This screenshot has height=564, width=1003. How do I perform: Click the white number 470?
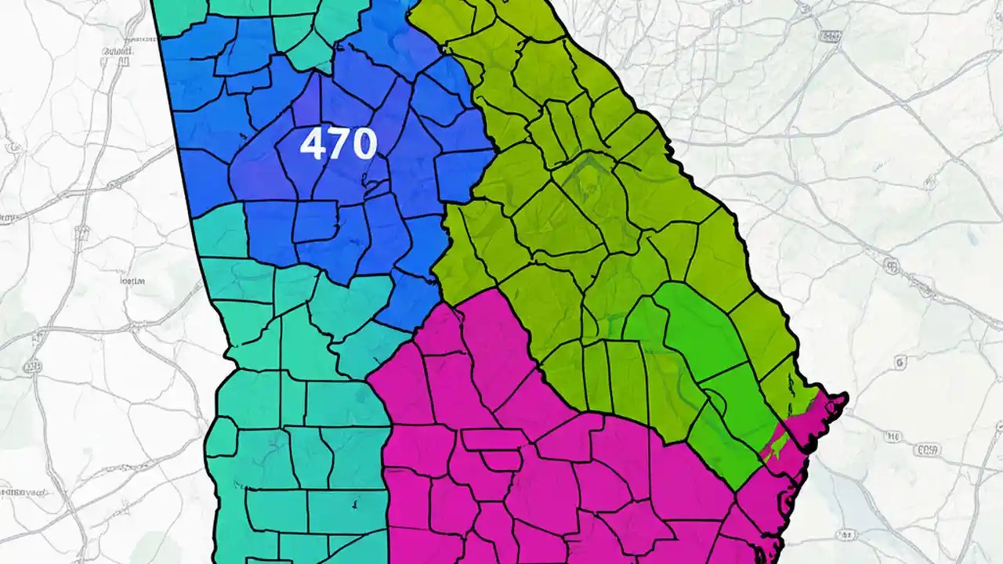click(339, 144)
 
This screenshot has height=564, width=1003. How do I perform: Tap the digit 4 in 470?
click(313, 144)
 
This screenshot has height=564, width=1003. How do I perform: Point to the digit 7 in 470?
click(338, 144)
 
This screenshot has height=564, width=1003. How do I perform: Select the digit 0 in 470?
click(364, 144)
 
